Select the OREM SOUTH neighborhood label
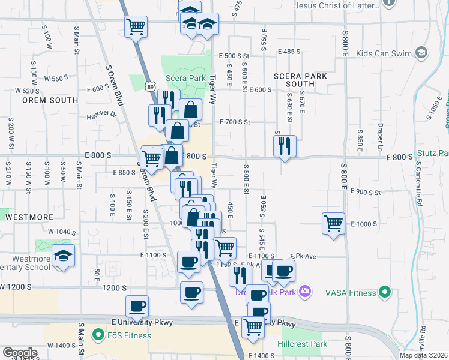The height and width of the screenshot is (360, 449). coord(43,100)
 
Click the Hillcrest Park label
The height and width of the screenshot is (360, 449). coord(303,344)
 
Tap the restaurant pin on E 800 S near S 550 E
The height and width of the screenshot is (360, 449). coord(284,146)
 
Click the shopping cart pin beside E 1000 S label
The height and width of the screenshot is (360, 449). coord(333,224)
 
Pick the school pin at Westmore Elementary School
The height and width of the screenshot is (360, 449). coord(63,256)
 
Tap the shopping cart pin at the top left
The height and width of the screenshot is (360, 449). coord(136,26)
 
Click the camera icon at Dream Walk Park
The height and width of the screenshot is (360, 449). coord(306,292)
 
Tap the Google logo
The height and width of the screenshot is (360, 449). coord(20,353)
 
